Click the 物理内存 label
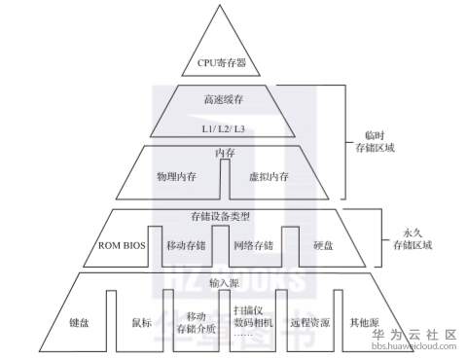(x=177, y=177)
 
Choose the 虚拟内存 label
(x=269, y=177)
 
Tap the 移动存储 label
(x=187, y=245)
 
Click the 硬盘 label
(x=322, y=245)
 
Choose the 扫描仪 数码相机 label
(x=255, y=317)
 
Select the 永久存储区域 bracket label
(x=403, y=239)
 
